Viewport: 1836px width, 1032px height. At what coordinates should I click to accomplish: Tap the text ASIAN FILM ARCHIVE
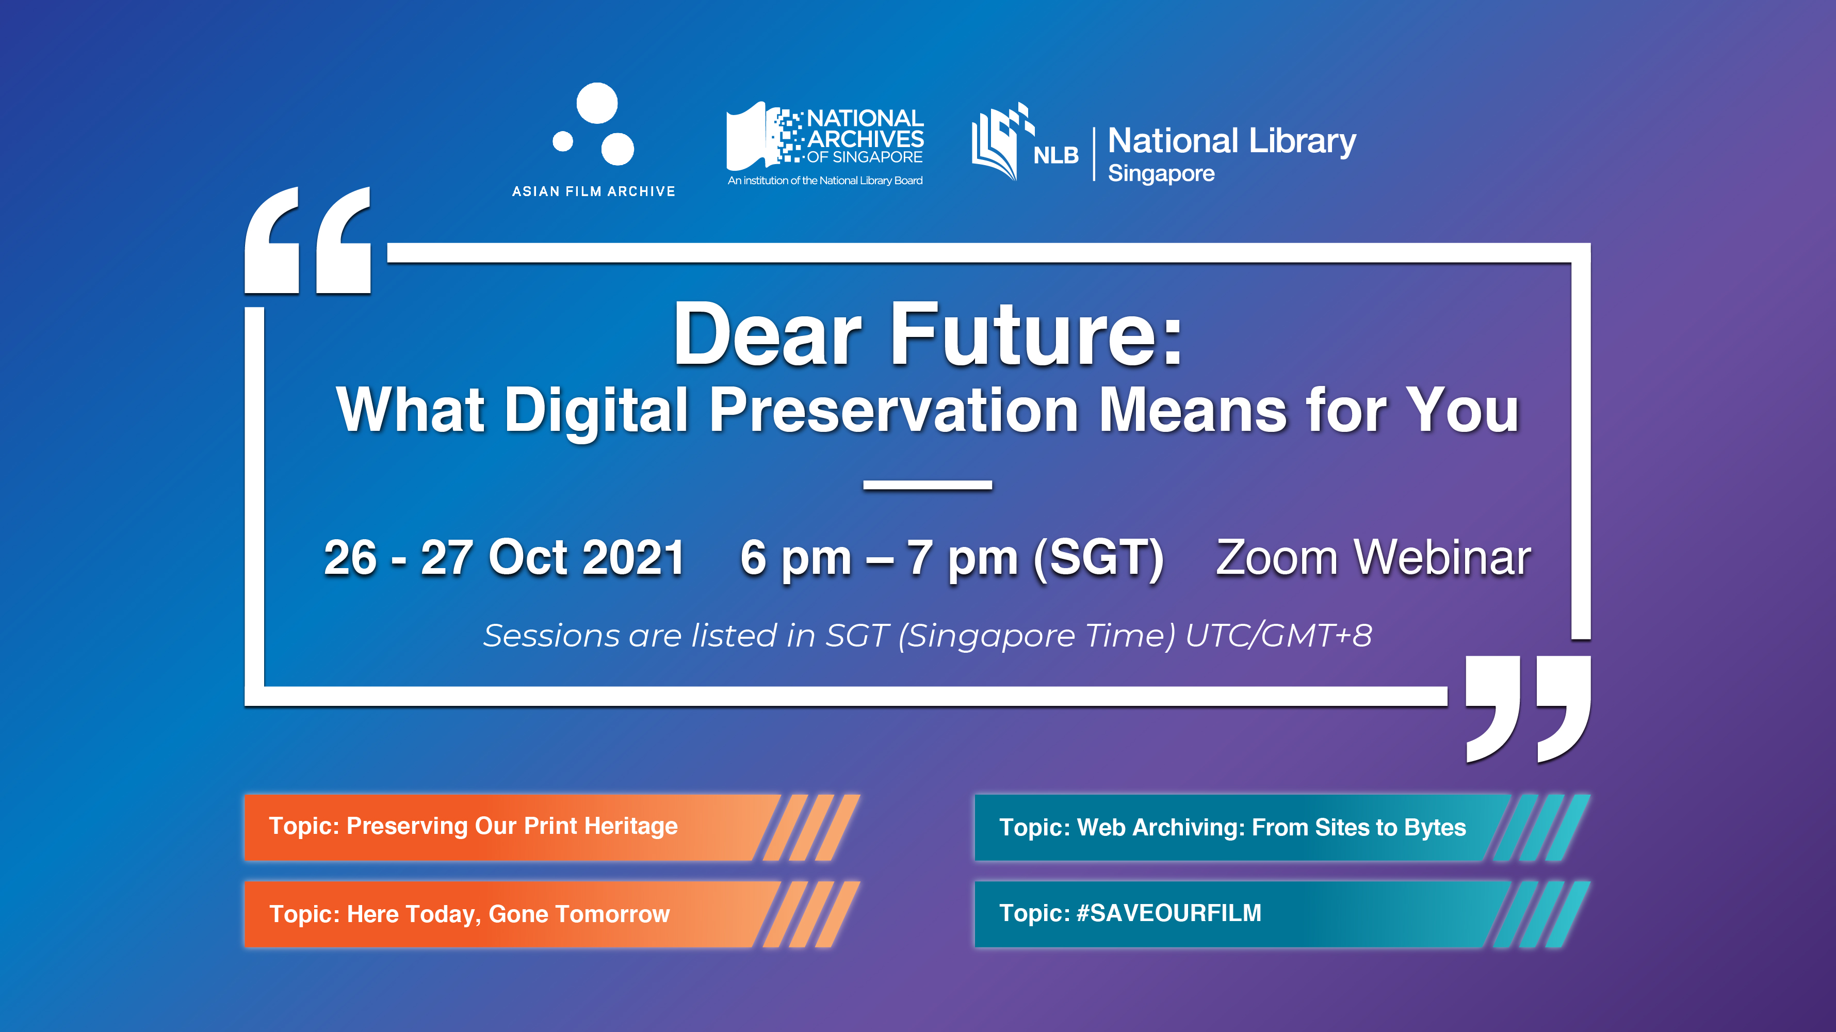(593, 191)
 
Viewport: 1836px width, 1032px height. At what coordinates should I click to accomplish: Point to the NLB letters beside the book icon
(1055, 155)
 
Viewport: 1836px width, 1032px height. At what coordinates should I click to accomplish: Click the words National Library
(1231, 140)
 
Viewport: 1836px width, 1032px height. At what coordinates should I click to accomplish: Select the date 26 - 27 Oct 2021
(504, 557)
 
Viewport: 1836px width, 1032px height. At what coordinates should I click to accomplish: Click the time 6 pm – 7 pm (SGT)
(951, 557)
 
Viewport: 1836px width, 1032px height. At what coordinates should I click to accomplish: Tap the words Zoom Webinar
(1373, 557)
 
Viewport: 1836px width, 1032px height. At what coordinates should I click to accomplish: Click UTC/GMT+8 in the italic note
(1278, 635)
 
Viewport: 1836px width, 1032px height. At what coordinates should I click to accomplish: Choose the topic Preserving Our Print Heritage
(473, 826)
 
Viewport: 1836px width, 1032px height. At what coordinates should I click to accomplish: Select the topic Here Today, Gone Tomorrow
(469, 914)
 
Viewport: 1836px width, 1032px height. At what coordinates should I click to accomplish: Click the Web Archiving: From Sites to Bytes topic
(1232, 828)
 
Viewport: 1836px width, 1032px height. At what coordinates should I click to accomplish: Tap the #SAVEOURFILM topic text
(1130, 913)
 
